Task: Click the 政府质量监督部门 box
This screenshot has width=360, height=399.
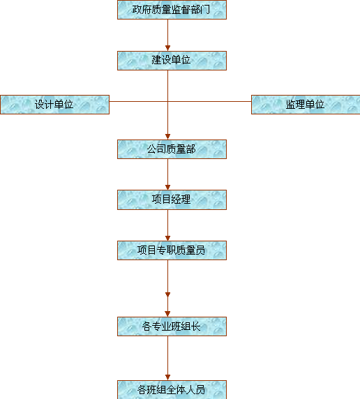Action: click(x=172, y=10)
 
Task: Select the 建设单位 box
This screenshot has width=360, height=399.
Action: click(x=172, y=61)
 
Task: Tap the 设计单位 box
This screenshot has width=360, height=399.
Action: click(x=54, y=105)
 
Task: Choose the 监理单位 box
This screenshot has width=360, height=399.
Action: click(x=306, y=105)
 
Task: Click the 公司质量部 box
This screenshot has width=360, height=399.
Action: click(x=172, y=149)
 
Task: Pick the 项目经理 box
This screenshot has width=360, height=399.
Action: click(x=172, y=200)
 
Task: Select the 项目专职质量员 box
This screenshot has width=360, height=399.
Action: click(x=172, y=250)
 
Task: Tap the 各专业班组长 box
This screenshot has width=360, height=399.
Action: click(x=172, y=326)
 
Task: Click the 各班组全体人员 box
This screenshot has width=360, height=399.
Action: click(x=172, y=390)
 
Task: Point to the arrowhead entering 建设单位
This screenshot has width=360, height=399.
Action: click(x=167, y=48)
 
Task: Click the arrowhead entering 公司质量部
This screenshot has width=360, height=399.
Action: click(x=167, y=137)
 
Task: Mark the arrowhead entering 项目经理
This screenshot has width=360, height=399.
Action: click(x=167, y=187)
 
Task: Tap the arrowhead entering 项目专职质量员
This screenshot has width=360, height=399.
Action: click(x=167, y=238)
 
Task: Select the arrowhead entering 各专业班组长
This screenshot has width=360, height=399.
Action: click(x=167, y=314)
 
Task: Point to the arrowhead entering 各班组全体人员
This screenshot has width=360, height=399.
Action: click(x=167, y=377)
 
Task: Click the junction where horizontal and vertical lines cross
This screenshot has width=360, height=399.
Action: click(x=167, y=101)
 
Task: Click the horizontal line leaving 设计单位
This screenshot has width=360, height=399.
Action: click(x=139, y=101)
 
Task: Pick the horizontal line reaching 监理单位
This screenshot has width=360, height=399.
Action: click(x=209, y=101)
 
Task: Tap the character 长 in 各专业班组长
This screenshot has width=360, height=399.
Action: click(x=196, y=326)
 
